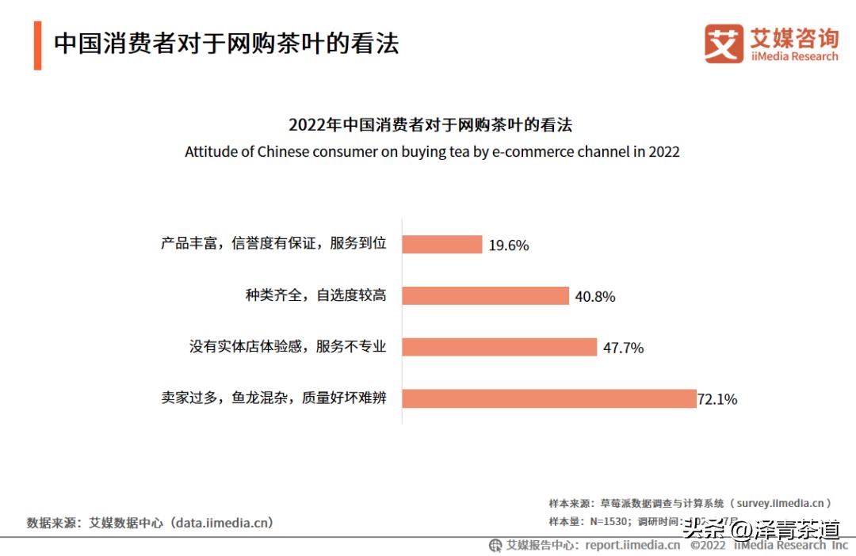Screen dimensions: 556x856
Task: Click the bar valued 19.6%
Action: click(441, 244)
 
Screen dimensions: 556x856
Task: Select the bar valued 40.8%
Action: click(485, 295)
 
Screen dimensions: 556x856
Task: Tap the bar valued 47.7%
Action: click(499, 347)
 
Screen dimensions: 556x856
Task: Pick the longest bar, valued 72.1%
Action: click(548, 398)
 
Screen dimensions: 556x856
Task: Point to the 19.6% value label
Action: click(508, 246)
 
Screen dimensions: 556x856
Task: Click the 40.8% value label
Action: click(595, 297)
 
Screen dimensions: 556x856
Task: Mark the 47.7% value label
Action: click(623, 348)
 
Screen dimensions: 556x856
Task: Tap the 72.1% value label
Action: click(717, 400)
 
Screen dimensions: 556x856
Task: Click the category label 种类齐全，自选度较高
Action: click(315, 295)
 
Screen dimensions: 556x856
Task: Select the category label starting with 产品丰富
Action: click(273, 244)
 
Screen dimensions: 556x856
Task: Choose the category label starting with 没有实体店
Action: click(288, 347)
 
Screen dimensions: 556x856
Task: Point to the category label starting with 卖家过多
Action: click(273, 398)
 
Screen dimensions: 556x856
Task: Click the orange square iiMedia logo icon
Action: click(724, 44)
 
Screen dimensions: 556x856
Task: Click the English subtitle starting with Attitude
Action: click(432, 151)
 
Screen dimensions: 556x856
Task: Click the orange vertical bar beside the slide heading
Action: click(37, 46)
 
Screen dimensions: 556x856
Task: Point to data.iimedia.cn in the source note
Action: click(224, 523)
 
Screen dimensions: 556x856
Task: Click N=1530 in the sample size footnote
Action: click(610, 521)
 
